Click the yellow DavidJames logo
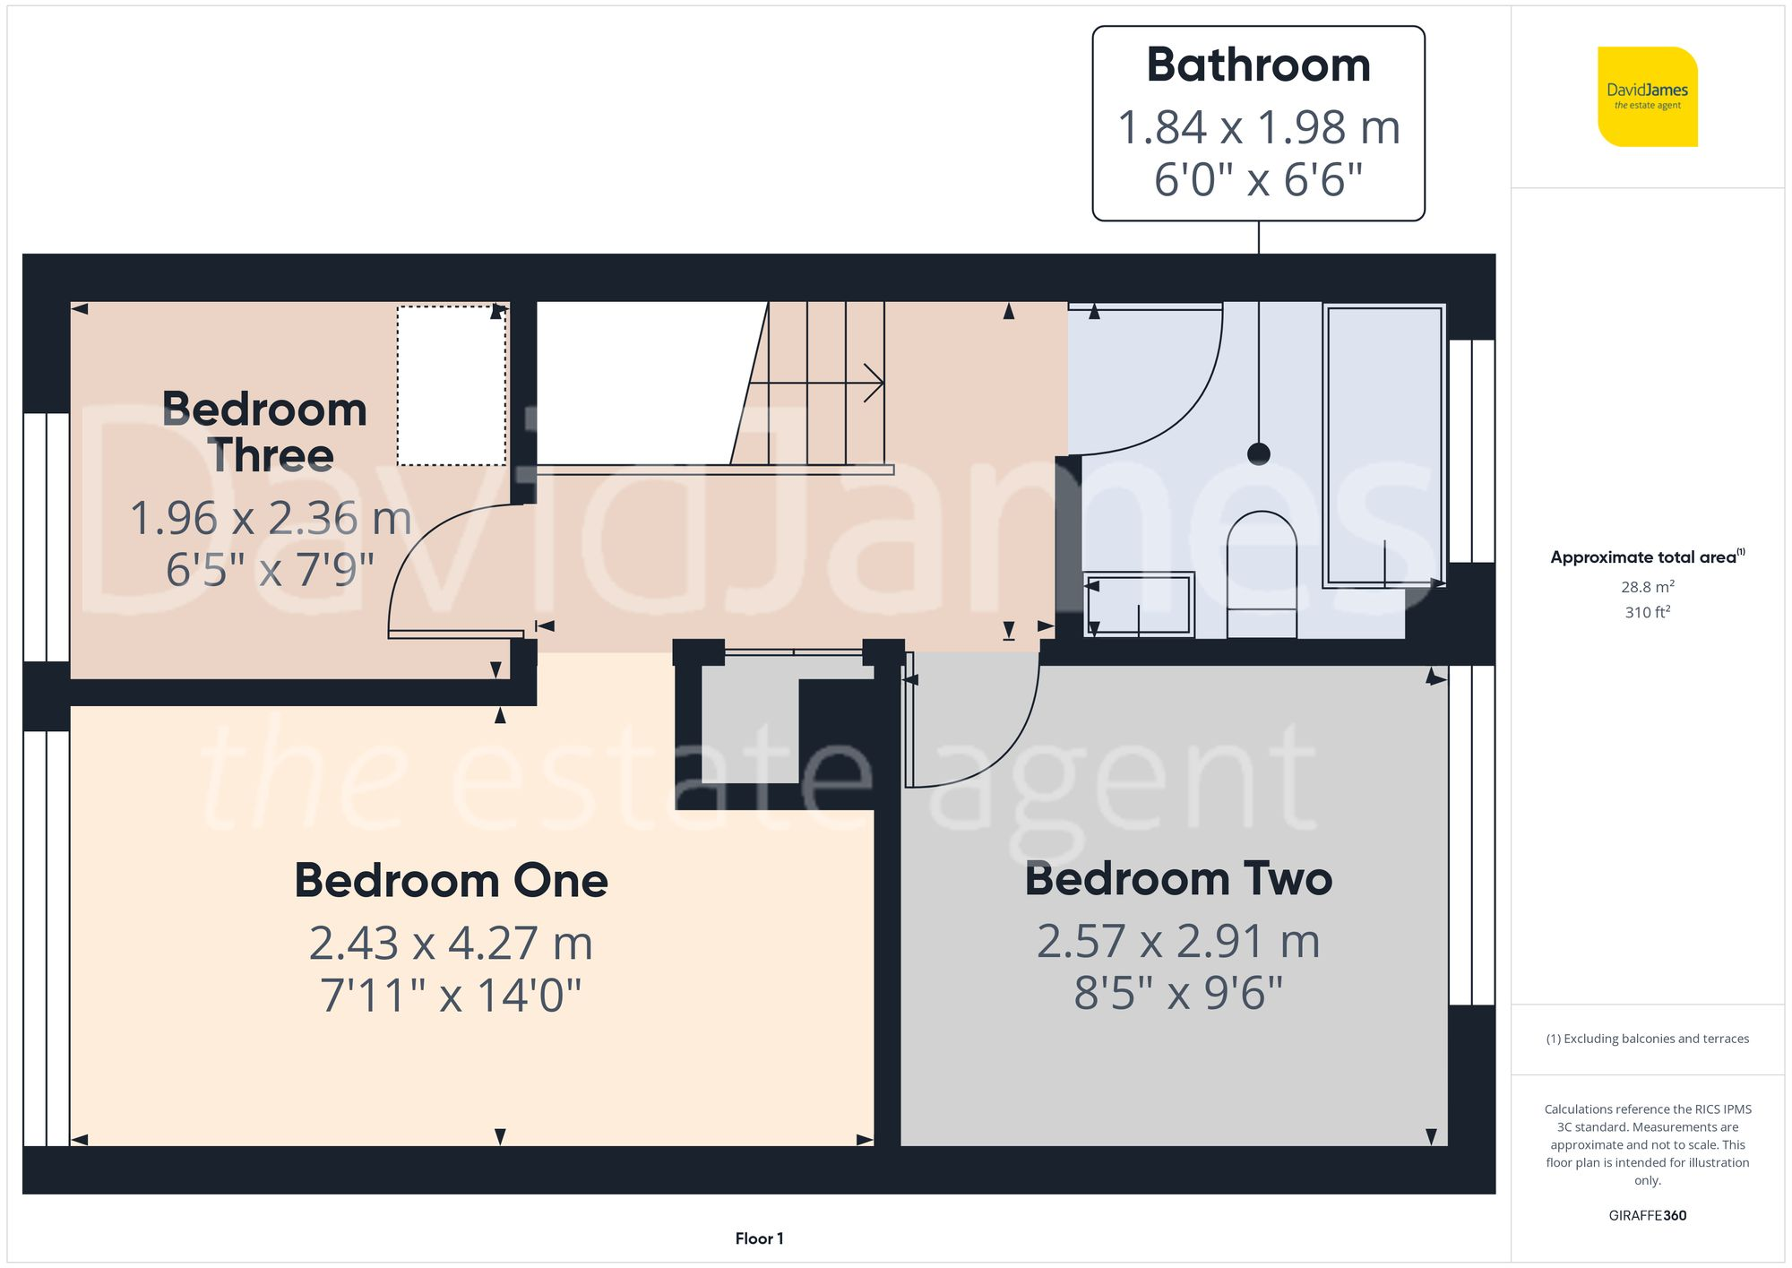coord(1647,97)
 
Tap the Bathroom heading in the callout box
coord(1258,65)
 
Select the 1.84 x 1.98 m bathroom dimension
coord(1258,127)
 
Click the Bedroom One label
coord(451,880)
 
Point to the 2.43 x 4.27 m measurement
coord(451,943)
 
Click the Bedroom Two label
coord(1178,878)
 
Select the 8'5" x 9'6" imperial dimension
coord(1178,993)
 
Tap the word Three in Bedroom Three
coord(271,455)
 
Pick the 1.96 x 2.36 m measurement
coord(271,518)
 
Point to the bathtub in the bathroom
coord(1384,445)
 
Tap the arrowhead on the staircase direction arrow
coord(874,383)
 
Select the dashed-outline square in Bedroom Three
coord(452,386)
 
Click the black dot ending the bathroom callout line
coord(1259,454)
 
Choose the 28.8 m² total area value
coord(1647,587)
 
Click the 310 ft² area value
coord(1647,612)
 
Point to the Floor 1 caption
coord(759,1238)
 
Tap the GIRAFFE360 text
coord(1647,1216)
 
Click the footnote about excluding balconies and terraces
coord(1647,1039)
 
